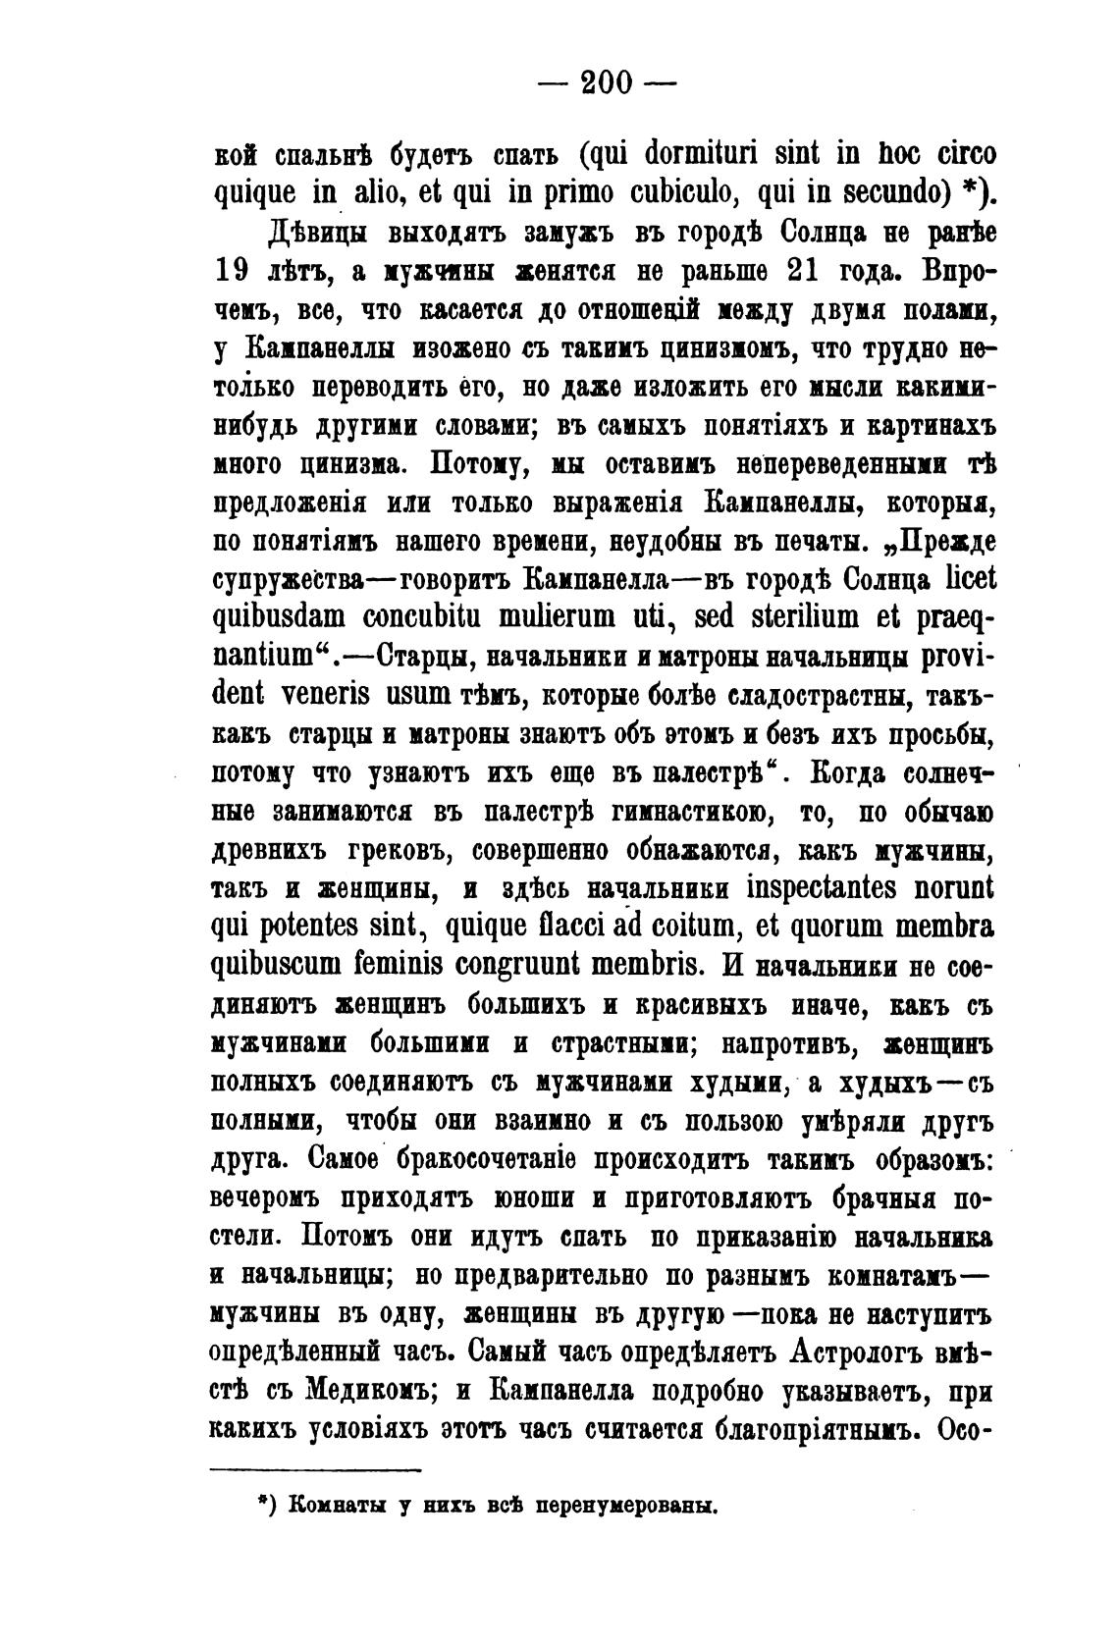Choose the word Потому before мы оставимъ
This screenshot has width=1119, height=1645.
[x=473, y=463]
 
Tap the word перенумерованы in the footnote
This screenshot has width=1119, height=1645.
[x=625, y=1505]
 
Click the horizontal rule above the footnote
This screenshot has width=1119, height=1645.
[x=316, y=1469]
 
